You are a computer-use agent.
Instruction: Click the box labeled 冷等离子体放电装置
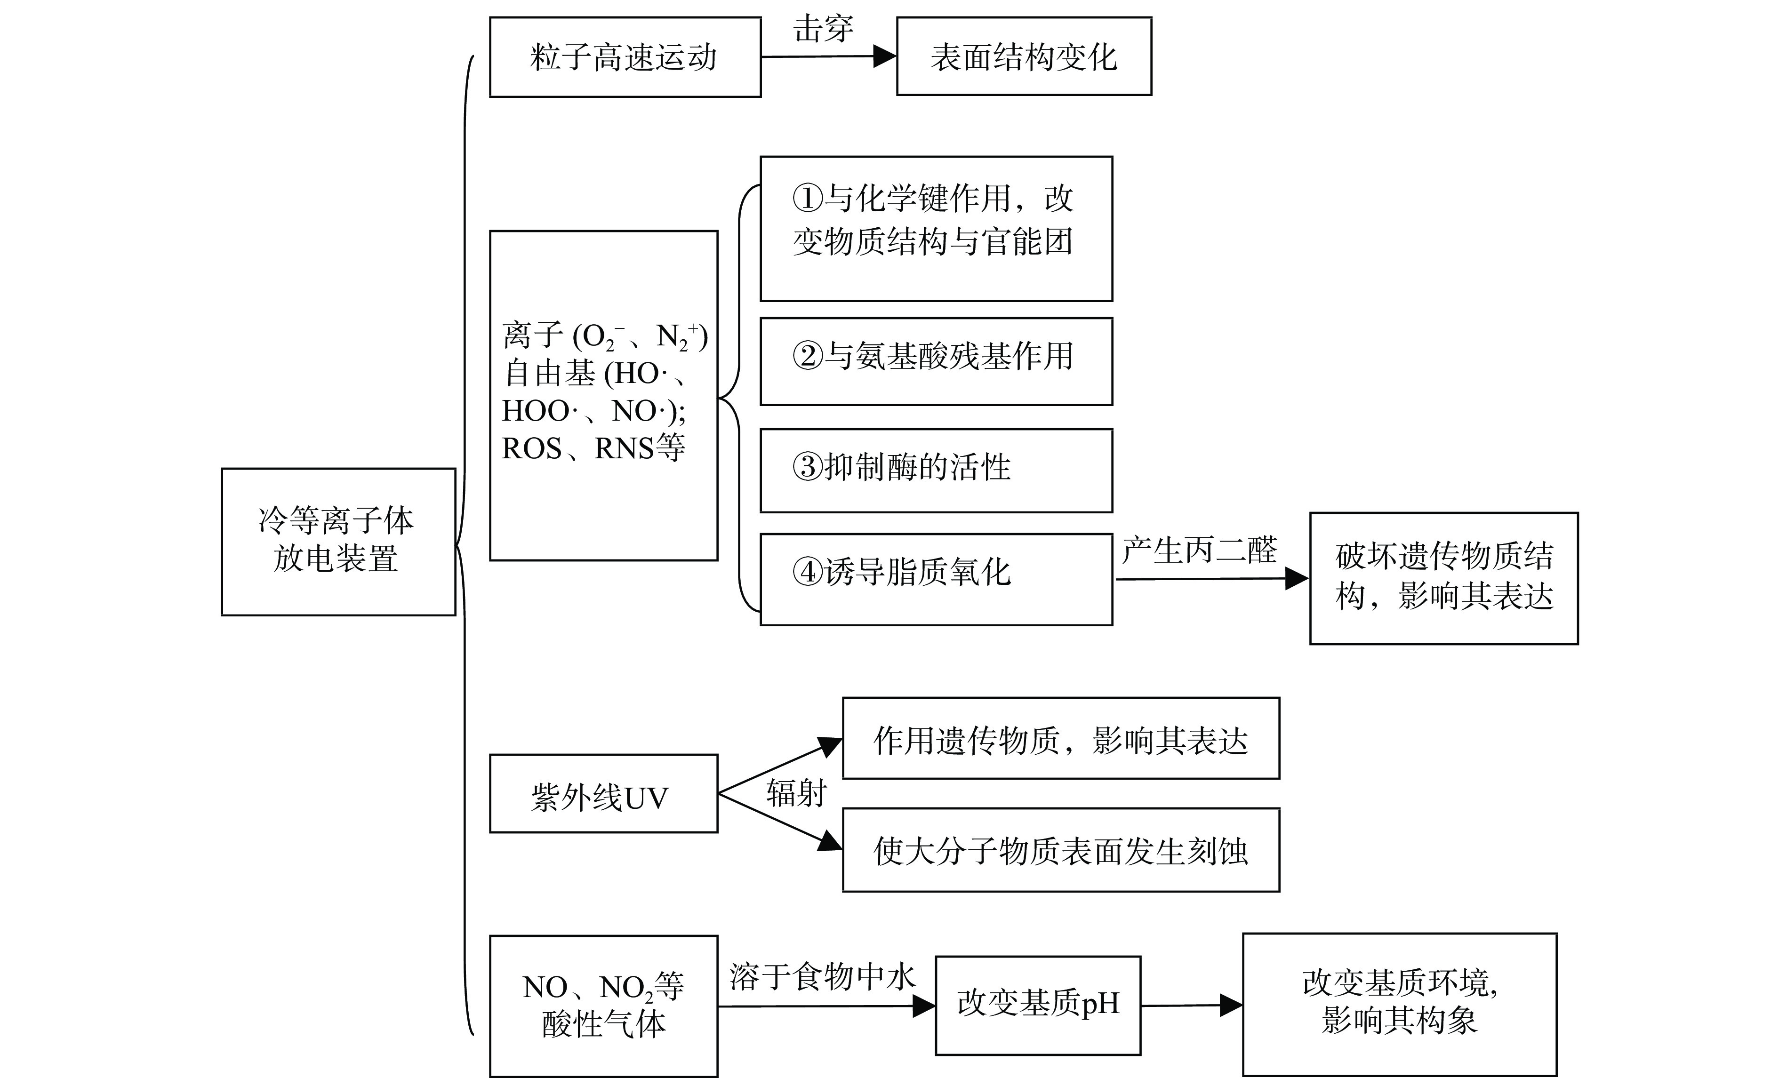pos(338,542)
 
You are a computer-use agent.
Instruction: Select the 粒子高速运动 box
pos(625,57)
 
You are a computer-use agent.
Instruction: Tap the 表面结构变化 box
pos(1023,56)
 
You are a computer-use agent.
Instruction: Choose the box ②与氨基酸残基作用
pos(936,361)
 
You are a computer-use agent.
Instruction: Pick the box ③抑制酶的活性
pos(936,470)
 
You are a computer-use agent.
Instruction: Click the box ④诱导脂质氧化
pos(936,579)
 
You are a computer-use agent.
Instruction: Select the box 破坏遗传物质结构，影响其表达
pos(1443,578)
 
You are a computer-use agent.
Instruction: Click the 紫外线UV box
pos(603,793)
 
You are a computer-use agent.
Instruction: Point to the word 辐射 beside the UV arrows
pos(796,793)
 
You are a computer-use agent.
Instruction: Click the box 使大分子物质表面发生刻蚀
pos(1061,850)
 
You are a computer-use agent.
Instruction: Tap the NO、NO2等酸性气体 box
pos(603,1006)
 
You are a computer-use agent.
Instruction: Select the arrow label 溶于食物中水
pos(822,977)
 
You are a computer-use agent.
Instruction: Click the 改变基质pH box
pos(1037,1005)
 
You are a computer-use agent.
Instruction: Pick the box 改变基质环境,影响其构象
pos(1399,1004)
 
